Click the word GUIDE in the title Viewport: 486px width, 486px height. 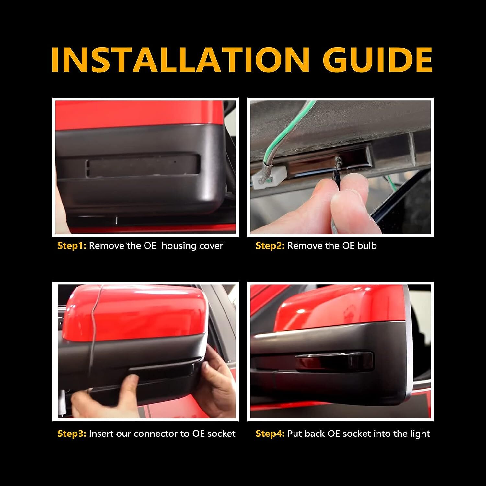click(x=377, y=61)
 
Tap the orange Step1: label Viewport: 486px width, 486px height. click(x=72, y=246)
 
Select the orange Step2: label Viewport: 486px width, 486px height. click(x=270, y=246)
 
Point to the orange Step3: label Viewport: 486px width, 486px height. click(x=72, y=434)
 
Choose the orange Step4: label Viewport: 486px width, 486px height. click(x=270, y=434)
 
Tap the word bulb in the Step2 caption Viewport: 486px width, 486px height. click(x=367, y=246)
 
